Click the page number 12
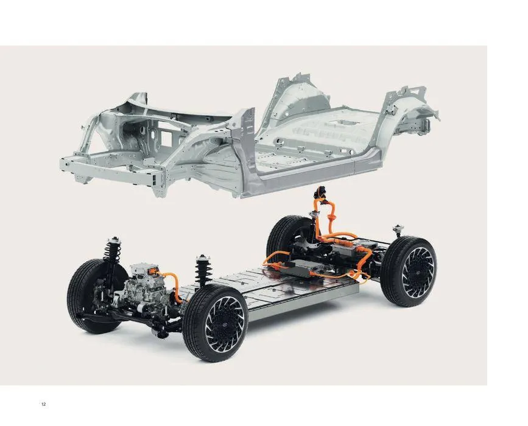[43, 404]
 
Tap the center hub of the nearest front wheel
[225, 324]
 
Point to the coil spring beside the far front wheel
[113, 251]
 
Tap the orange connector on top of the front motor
[153, 270]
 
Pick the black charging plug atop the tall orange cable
[320, 192]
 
